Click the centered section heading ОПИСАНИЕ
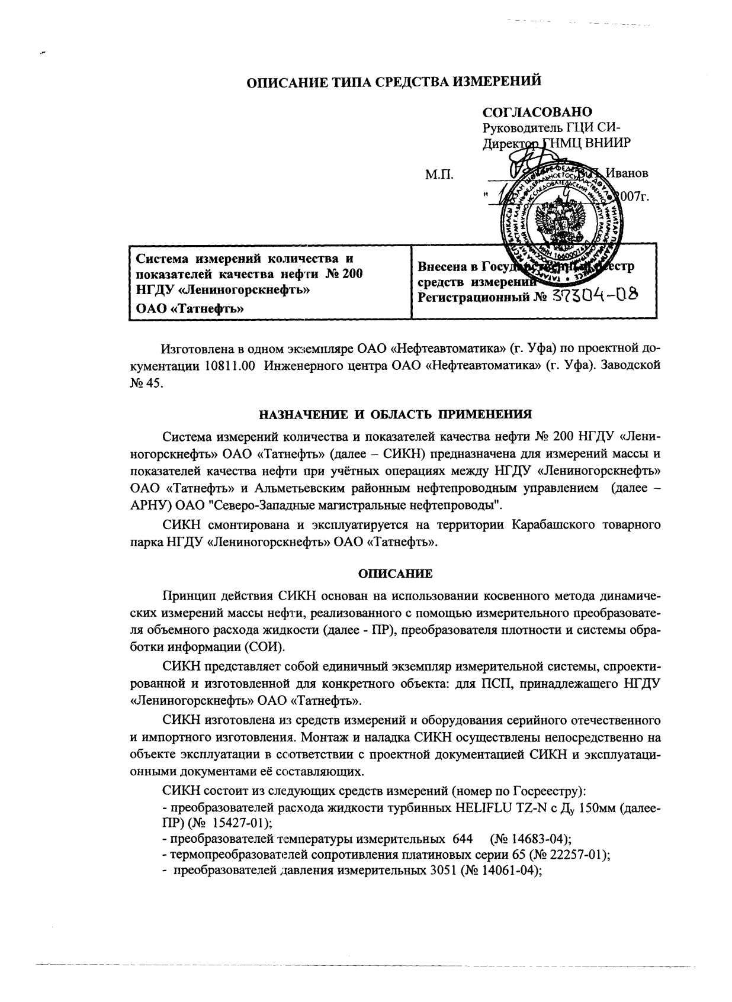coord(396,574)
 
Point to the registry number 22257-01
coord(573,854)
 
